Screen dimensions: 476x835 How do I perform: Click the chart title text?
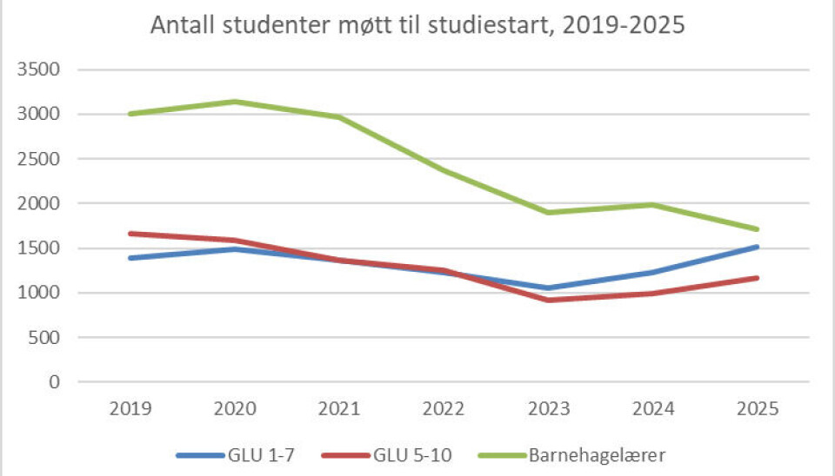[x=417, y=26]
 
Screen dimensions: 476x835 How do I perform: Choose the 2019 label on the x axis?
[x=130, y=407]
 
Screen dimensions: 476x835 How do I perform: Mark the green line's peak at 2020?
[x=235, y=102]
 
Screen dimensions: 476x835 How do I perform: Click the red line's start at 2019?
[x=130, y=234]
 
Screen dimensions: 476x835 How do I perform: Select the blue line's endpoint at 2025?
[x=757, y=247]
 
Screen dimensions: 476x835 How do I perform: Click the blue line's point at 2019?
[x=130, y=258]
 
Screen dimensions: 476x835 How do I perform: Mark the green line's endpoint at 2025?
[x=757, y=229]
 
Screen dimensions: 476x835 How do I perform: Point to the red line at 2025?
[x=757, y=278]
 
